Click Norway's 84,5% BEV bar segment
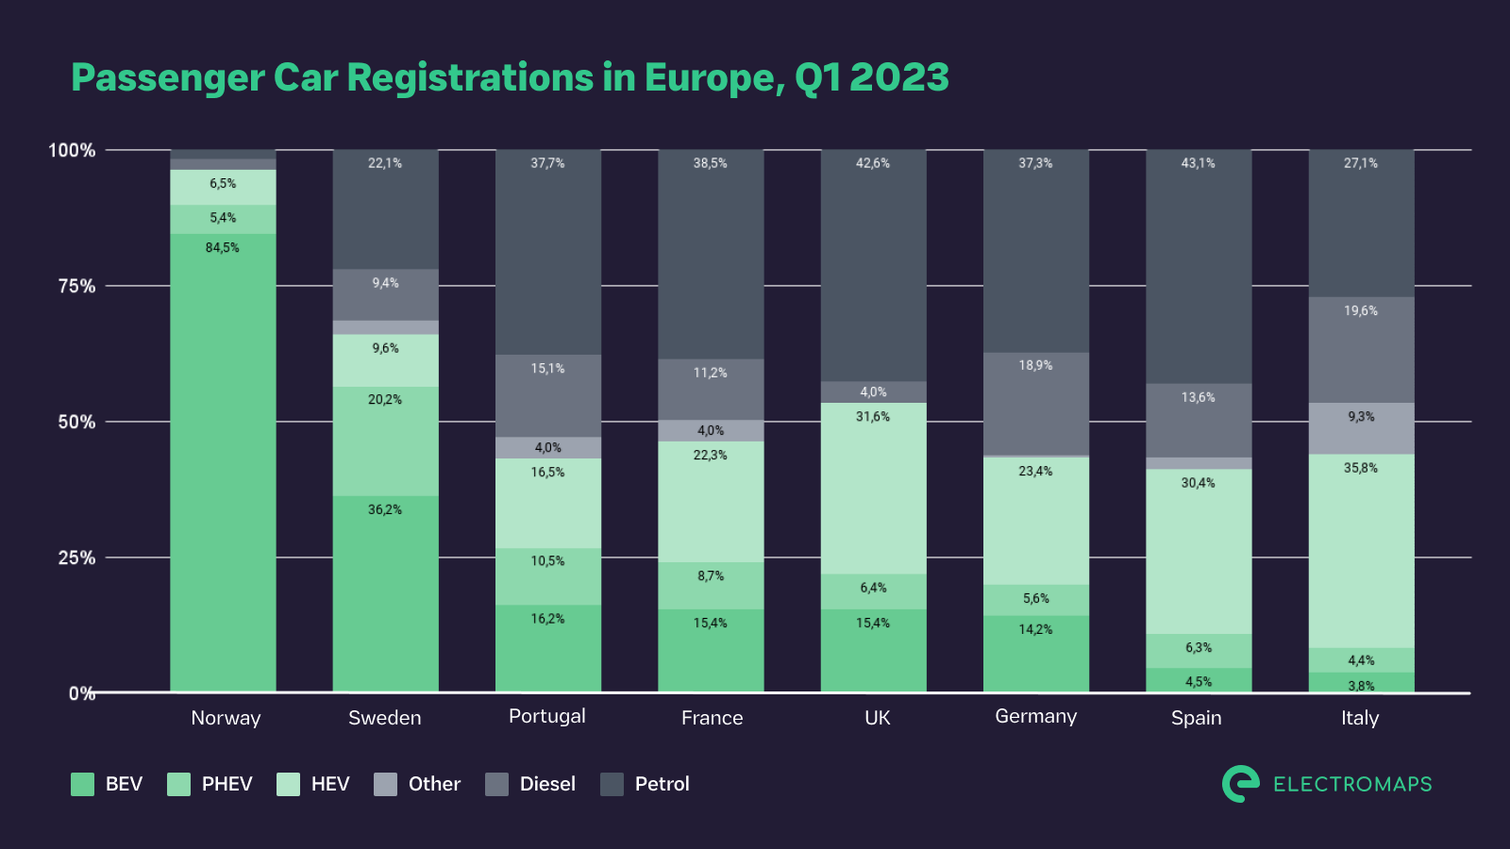coord(223,462)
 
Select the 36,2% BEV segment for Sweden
coord(385,593)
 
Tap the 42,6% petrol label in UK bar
coord(873,163)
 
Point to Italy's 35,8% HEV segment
coord(1361,551)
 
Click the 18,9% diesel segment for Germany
coord(1035,404)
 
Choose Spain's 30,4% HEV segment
coord(1199,551)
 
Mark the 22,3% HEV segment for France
coord(711,501)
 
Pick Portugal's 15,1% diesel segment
coord(547,395)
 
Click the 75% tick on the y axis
coord(76,286)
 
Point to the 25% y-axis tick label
coord(76,558)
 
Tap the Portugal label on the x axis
coord(547,716)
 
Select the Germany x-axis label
coord(1035,716)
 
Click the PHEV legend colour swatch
coord(178,784)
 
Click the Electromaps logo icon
coord(1240,784)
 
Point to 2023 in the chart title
coord(898,77)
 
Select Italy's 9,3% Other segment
coord(1361,428)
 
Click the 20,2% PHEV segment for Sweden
coord(385,441)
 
